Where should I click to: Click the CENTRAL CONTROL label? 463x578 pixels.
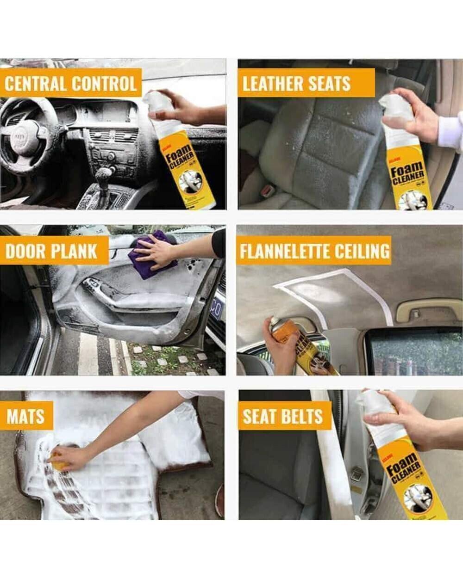71,84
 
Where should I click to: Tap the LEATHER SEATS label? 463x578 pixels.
297,84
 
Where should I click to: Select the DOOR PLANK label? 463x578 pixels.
51,251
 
